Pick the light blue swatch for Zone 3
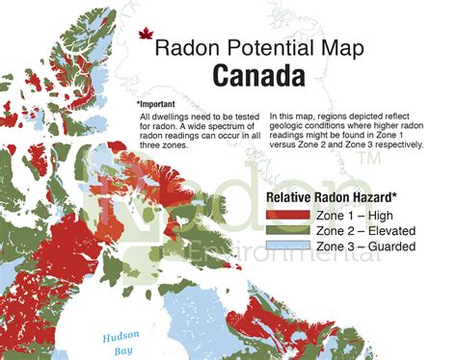click(287, 247)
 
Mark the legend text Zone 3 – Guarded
click(364, 247)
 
